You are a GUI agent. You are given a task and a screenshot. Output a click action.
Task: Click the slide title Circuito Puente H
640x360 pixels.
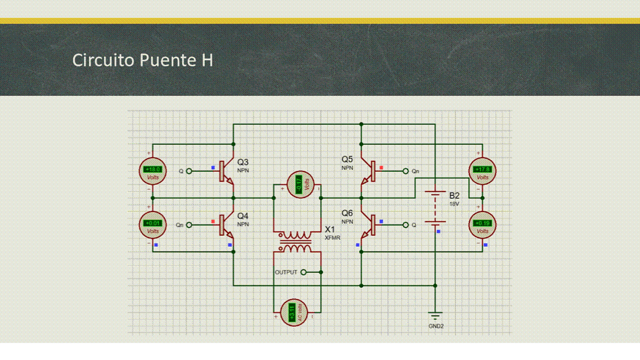(143, 60)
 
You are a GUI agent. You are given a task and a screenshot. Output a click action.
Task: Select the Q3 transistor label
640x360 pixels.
(243, 162)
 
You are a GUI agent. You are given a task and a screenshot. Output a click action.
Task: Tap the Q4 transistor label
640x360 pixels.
(243, 216)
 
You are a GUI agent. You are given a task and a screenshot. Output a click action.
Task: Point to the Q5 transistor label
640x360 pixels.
(347, 159)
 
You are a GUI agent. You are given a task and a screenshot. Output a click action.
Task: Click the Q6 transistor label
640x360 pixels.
(347, 213)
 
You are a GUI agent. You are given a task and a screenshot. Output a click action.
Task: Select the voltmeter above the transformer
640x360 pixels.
(300, 184)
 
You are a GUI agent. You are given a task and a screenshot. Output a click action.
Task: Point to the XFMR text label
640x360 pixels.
(332, 238)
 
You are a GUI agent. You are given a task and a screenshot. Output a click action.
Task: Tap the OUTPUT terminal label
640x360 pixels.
(286, 272)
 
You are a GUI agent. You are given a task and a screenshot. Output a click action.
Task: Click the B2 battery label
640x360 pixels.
(454, 195)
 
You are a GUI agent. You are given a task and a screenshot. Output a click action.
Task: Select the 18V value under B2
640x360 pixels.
(454, 204)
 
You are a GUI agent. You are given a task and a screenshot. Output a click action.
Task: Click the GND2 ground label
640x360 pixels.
(436, 326)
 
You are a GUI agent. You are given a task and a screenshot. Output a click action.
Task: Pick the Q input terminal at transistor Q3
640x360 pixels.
(189, 171)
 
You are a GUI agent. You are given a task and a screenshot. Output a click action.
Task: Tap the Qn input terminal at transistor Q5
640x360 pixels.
(406, 171)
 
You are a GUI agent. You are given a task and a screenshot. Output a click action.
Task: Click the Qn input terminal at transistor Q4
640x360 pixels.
(189, 225)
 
